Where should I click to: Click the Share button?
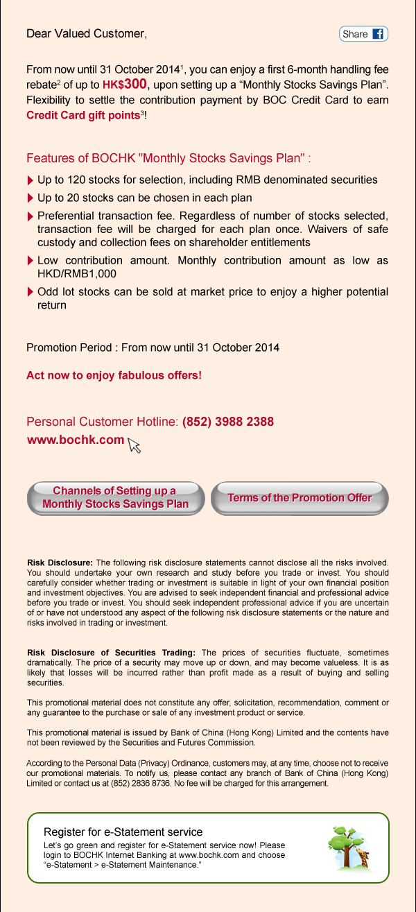point(363,34)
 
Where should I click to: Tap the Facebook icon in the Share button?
point(378,34)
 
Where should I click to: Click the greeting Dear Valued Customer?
point(87,33)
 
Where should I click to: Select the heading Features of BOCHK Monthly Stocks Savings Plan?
point(168,158)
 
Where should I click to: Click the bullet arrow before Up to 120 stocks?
point(30,180)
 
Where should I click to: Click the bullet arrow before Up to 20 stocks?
point(30,198)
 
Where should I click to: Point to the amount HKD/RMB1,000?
point(76,274)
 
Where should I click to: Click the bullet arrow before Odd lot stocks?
point(30,292)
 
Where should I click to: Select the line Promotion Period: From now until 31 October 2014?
point(153,347)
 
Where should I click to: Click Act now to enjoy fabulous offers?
point(114,375)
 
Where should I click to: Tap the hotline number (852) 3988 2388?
point(227,422)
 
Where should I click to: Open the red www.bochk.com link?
point(75,440)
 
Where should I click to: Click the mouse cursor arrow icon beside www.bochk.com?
point(134,446)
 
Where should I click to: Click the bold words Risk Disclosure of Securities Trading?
point(111,653)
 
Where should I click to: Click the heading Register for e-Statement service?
point(123,832)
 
